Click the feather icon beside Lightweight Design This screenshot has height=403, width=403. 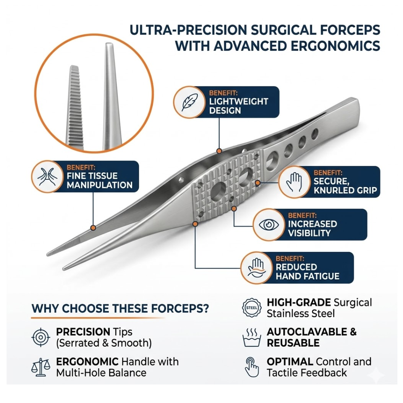pyautogui.click(x=189, y=102)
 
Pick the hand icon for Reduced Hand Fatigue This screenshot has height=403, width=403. pyautogui.click(x=256, y=268)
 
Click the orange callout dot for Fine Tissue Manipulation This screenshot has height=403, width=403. pyautogui.click(x=93, y=228)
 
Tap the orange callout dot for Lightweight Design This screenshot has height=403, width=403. pyautogui.click(x=218, y=150)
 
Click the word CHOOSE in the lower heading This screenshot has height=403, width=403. pyautogui.click(x=86, y=309)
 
